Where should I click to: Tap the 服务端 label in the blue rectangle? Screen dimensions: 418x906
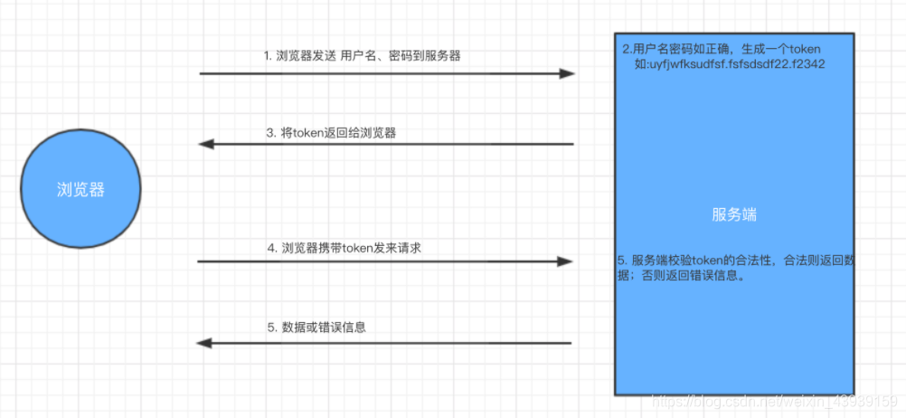734,214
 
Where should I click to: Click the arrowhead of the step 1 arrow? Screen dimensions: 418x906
567,73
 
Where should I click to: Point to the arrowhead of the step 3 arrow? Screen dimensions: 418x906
205,144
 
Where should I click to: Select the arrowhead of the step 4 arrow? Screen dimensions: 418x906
565,261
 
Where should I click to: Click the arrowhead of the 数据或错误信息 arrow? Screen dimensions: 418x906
204,343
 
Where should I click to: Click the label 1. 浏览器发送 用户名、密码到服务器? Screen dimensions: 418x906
362,56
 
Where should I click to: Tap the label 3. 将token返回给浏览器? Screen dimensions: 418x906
331,132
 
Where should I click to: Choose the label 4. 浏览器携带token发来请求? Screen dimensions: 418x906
344,247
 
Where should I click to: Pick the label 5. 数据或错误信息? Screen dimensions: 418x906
316,327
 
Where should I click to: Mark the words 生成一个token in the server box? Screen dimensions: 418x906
781,48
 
